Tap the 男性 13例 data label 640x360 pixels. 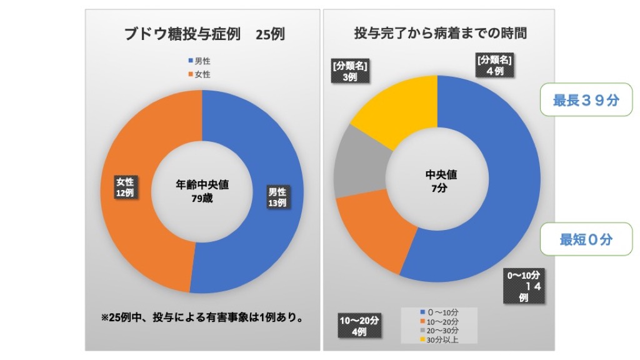277,197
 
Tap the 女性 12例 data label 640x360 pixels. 125,187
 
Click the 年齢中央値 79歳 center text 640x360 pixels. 202,191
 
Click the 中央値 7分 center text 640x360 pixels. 437,181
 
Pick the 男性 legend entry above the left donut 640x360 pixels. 199,61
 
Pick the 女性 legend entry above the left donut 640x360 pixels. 199,74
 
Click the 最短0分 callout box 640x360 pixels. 586,239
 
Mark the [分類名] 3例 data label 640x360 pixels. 349,71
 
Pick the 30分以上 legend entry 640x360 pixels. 441,340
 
